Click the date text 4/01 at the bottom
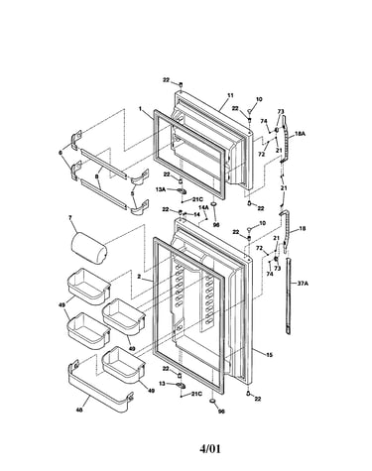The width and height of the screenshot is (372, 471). point(209,448)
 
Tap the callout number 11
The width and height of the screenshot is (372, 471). point(230,95)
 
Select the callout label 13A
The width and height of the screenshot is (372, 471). point(161,189)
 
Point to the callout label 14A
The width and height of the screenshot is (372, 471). point(203,207)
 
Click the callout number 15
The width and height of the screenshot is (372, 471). point(269,355)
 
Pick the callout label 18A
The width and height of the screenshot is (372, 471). point(300,134)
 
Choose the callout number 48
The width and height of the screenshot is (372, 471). point(79,411)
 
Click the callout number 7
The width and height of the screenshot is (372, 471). point(69,217)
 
